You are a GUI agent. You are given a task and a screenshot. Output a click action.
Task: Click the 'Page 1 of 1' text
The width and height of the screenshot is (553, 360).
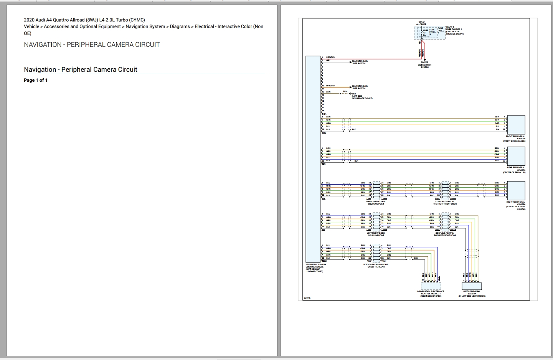pyautogui.click(x=36, y=80)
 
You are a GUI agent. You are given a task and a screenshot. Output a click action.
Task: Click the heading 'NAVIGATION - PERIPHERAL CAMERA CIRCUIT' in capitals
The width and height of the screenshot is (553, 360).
pyautogui.click(x=92, y=45)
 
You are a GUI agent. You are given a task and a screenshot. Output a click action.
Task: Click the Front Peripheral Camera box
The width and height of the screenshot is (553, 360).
pyautogui.click(x=516, y=125)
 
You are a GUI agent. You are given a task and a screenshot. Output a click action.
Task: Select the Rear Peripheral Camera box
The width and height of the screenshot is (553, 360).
pyautogui.click(x=516, y=156)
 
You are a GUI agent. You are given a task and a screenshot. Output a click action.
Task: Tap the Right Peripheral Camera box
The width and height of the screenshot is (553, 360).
pyautogui.click(x=516, y=190)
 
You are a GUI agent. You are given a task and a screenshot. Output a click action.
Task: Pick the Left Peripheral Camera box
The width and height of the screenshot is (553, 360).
pyautogui.click(x=472, y=286)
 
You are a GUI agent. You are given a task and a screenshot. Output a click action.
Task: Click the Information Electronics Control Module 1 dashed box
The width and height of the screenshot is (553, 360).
pyautogui.click(x=431, y=286)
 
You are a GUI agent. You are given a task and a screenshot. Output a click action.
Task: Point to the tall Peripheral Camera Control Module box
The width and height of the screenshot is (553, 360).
pyautogui.click(x=313, y=159)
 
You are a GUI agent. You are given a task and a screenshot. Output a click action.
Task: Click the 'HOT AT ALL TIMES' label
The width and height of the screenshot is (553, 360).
pyautogui.click(x=421, y=23)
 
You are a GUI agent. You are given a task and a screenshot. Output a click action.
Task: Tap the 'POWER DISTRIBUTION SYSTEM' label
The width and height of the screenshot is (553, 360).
pyautogui.click(x=424, y=65)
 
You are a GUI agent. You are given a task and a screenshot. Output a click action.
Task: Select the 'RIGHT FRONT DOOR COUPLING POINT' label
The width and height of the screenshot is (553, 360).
pyautogui.click(x=376, y=203)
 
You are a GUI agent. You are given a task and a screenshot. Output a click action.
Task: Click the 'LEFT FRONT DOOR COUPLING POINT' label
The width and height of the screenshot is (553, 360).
pyautogui.click(x=376, y=234)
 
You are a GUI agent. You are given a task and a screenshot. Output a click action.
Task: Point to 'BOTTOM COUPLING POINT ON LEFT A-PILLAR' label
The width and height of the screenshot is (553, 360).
pyautogui.click(x=376, y=266)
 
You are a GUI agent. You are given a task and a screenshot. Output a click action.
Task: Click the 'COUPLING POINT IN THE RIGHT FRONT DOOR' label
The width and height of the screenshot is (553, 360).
pyautogui.click(x=445, y=203)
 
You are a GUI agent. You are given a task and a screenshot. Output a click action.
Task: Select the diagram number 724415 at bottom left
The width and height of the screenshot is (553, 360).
pyautogui.click(x=307, y=298)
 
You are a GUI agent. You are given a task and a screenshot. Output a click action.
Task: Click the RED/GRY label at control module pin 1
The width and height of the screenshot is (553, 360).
pyautogui.click(x=330, y=57)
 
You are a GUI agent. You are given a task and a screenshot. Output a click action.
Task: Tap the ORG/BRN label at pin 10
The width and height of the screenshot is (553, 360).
pyautogui.click(x=330, y=86)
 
